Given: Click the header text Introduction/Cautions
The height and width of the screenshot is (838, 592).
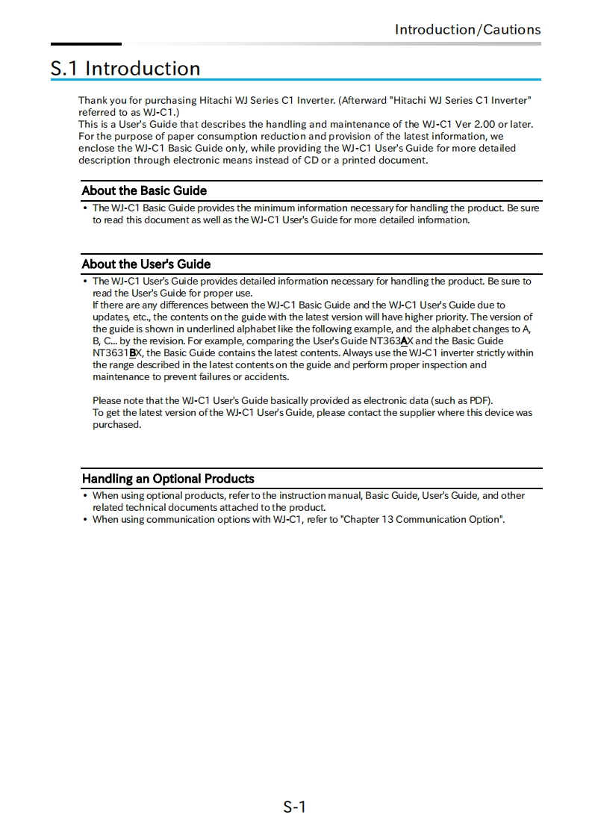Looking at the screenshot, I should point(467,30).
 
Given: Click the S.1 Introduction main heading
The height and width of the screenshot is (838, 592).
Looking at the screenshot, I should point(125,69).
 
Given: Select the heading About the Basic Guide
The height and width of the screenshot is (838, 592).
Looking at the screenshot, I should point(144,190).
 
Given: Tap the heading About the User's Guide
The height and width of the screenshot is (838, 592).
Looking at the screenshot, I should point(146,264).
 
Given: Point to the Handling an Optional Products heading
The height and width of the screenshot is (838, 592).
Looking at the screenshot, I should point(168,479).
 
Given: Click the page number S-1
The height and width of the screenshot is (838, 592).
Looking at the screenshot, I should point(295,807).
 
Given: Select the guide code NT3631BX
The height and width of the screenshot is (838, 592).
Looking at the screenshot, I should point(117,353).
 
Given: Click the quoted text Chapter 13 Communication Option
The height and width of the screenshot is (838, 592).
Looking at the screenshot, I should point(422,519).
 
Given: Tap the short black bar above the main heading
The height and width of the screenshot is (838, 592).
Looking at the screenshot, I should point(86,44).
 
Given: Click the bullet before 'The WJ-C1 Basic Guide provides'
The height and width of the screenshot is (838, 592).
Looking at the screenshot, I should point(85,208).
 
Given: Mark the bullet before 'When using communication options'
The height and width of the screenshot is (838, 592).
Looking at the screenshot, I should point(85,520).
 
